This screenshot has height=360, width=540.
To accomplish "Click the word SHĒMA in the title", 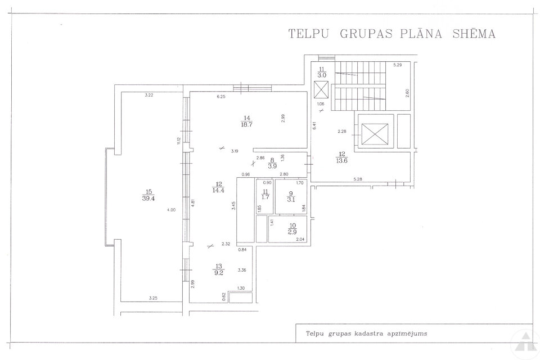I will pos(474,34).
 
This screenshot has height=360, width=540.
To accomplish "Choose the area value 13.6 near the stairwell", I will pos(342,159).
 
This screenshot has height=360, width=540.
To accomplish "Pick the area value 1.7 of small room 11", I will pos(264,198).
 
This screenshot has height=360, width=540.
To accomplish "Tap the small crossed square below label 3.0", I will pos(321,90).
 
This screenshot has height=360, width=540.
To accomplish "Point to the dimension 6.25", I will pos(221,97).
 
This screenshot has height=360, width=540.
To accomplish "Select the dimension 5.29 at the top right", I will pos(398,65).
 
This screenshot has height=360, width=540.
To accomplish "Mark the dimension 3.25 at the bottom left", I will pos(152,298).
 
